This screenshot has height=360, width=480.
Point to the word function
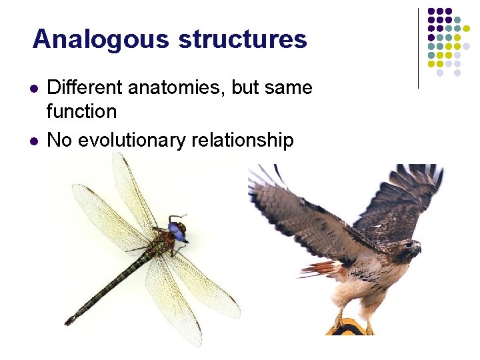tap(81, 111)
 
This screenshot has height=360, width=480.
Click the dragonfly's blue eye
tap(177, 231)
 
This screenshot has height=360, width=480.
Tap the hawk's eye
tap(409, 245)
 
